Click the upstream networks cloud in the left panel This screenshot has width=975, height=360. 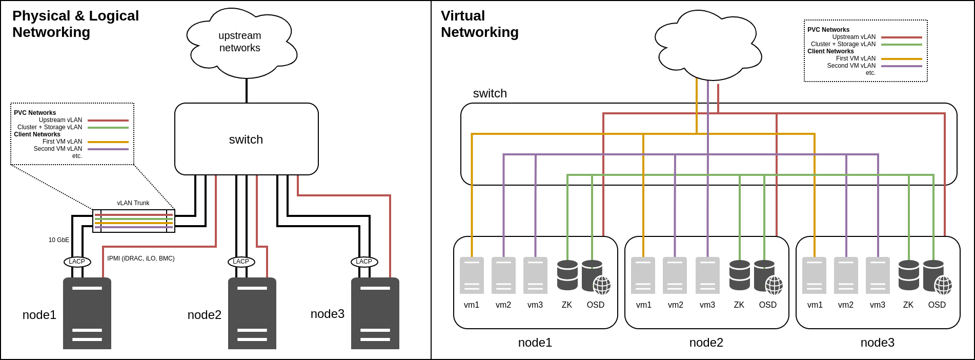240,42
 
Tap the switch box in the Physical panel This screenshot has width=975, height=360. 246,139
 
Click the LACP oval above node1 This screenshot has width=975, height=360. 77,262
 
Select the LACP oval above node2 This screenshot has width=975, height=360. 241,262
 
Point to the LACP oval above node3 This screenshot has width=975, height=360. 364,262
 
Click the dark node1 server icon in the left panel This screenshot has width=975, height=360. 87,313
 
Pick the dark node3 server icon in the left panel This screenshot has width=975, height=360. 375,313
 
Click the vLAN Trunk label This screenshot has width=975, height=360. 133,203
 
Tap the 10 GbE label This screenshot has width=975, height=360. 59,240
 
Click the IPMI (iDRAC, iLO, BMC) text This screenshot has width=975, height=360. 141,258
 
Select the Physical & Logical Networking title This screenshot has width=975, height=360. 75,24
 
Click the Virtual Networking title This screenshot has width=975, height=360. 479,24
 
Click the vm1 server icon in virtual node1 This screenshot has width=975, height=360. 472,275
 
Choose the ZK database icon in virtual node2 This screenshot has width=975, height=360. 739,275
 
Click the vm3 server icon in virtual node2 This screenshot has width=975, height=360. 707,275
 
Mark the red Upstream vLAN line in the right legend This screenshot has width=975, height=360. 901,37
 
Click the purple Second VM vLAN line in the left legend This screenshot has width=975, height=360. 108,149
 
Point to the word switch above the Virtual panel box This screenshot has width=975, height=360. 490,93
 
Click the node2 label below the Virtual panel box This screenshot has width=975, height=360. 706,343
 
